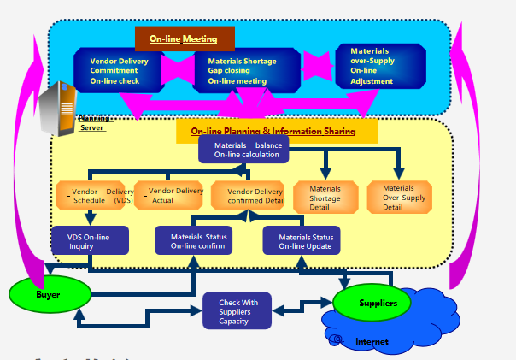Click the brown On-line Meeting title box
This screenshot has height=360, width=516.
pyautogui.click(x=185, y=38)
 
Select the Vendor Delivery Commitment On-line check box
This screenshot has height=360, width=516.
pyautogui.click(x=120, y=71)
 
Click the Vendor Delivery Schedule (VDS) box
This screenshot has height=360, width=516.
pyautogui.click(x=95, y=196)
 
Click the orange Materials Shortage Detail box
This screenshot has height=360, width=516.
pyautogui.click(x=325, y=198)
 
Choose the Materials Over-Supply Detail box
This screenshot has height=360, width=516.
pyautogui.click(x=399, y=198)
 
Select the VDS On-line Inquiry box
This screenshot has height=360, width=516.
pyautogui.click(x=88, y=240)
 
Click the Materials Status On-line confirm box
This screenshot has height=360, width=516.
pyautogui.click(x=193, y=240)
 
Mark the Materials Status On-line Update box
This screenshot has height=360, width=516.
pyautogui.click(x=301, y=241)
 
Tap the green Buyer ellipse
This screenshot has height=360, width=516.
pyautogui.click(x=49, y=294)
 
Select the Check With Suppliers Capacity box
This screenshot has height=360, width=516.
pyautogui.click(x=237, y=311)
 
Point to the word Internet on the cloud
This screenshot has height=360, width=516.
pyautogui.click(x=372, y=342)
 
